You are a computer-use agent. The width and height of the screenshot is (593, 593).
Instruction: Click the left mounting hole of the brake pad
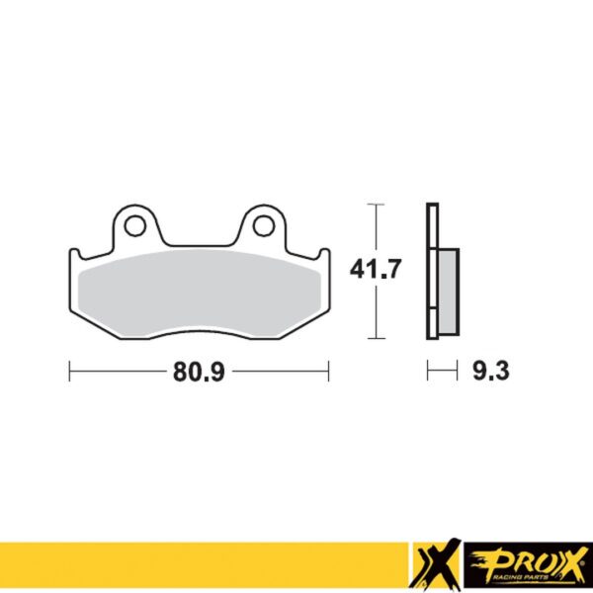[x=133, y=225]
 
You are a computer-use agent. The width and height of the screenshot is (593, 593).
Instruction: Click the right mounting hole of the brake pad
[x=262, y=225]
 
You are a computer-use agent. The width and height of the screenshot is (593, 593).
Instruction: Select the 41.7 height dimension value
[x=377, y=268]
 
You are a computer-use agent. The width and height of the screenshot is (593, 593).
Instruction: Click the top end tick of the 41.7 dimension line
[x=374, y=205]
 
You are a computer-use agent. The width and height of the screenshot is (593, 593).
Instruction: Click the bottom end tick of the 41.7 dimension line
[x=374, y=338]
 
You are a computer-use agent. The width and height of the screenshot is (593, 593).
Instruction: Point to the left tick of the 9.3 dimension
[x=427, y=373]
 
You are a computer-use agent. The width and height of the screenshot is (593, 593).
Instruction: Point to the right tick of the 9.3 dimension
[x=458, y=373]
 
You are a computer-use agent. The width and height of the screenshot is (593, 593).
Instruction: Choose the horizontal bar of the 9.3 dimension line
[x=442, y=373]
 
